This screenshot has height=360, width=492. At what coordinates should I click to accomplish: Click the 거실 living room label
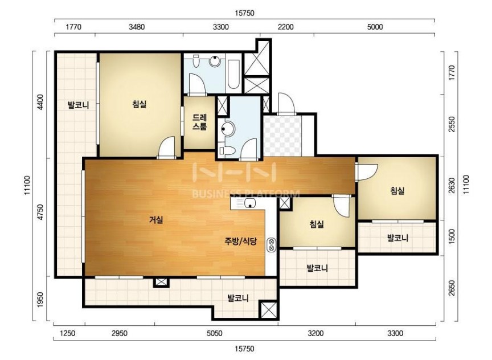coord(156,220)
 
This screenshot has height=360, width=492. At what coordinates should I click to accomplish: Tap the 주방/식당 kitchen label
coord(241,241)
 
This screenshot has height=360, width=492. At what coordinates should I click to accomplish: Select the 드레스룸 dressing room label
coord(199,122)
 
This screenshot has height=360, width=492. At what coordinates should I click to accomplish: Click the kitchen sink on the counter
coord(250,203)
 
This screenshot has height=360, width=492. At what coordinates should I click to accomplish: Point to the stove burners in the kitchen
coord(272,245)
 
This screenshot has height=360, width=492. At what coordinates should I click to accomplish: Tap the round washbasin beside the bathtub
coord(215,61)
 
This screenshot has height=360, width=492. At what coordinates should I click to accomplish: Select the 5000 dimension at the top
coord(375,27)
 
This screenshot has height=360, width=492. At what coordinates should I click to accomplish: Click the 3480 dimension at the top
coord(137,27)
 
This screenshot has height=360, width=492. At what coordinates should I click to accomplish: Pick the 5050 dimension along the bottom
coord(215,333)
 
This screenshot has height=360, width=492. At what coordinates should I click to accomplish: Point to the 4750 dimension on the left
coord(40,212)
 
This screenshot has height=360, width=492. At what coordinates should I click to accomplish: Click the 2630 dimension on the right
coord(452,186)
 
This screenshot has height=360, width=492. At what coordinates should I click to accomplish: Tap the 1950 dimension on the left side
coord(40,300)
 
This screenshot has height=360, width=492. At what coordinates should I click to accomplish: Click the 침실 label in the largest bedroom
coord(140,104)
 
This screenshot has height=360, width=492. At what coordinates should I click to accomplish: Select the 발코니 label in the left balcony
coord(78,105)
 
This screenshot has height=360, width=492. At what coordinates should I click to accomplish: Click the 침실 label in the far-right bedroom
coord(397,190)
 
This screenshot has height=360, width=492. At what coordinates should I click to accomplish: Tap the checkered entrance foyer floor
coord(282,136)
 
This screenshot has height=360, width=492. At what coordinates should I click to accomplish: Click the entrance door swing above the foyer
coord(286,103)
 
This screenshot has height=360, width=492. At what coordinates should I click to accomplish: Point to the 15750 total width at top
coord(244,13)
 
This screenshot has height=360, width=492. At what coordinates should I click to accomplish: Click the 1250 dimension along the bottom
coord(67,333)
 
